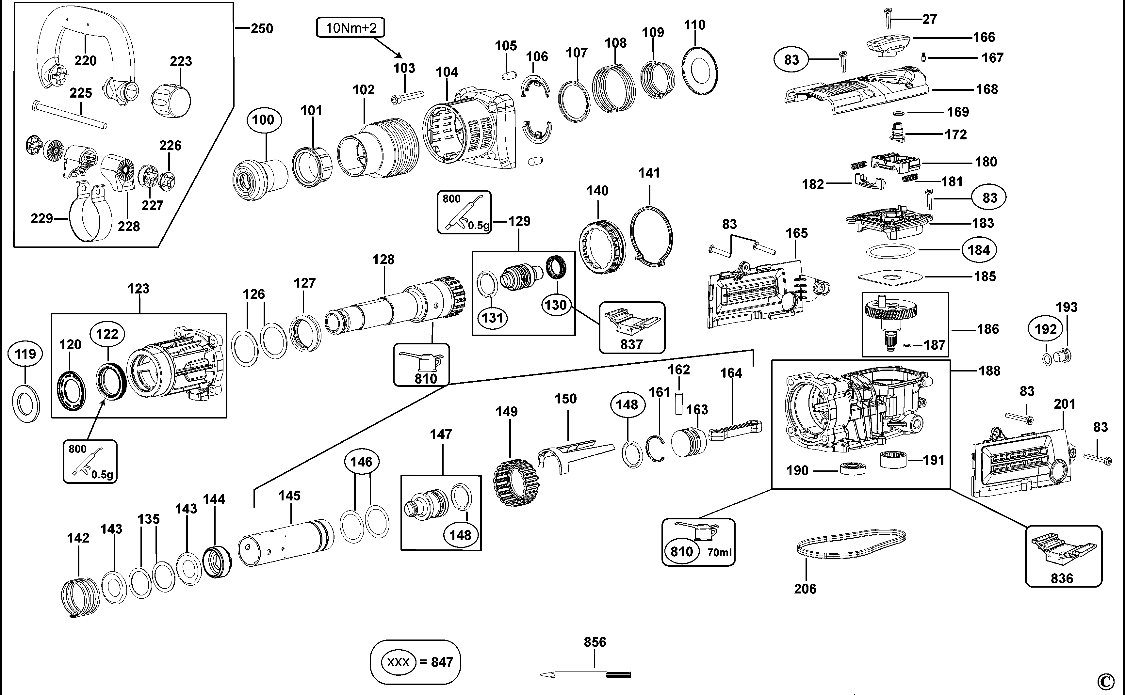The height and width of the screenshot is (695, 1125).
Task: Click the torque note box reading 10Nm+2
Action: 351,28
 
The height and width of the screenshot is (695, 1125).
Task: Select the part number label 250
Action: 262,28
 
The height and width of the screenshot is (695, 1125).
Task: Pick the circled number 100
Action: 263,120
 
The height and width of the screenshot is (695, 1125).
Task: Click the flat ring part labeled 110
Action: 700,71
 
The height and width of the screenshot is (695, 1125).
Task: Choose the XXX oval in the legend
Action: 398,662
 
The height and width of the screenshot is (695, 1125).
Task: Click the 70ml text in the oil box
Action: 719,552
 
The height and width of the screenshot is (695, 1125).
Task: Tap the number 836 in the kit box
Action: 1062,578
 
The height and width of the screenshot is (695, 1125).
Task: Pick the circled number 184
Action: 978,250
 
